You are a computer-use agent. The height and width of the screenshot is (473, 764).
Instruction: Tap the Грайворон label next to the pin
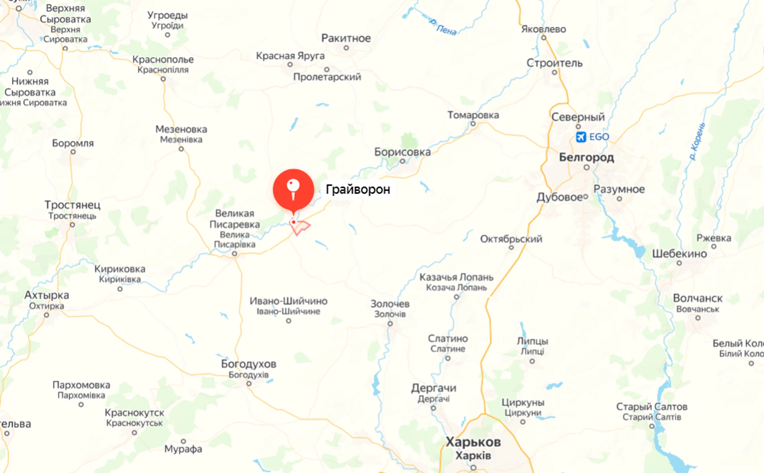pyautogui.click(x=358, y=189)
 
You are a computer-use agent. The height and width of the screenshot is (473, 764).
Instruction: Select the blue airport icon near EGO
pyautogui.click(x=581, y=137)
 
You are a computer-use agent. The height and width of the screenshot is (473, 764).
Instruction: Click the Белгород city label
pyautogui.click(x=586, y=157)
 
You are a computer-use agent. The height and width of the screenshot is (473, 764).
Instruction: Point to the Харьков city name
pyautogui.click(x=473, y=442)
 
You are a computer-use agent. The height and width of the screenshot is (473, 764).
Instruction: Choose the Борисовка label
pyautogui.click(x=402, y=152)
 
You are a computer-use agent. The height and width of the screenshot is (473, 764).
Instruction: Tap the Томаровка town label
pyautogui.click(x=473, y=115)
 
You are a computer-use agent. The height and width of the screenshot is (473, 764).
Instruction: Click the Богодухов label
pyautogui.click(x=249, y=364)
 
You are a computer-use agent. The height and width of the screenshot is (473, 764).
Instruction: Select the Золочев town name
pyautogui.click(x=390, y=304)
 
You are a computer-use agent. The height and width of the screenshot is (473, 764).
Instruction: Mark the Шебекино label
pyautogui.click(x=679, y=254)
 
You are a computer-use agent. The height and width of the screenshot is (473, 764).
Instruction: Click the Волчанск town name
pyautogui.click(x=698, y=298)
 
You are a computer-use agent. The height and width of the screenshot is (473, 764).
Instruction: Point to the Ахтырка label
pyautogui.click(x=47, y=295)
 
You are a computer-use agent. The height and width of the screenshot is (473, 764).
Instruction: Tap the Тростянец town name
pyautogui.click(x=72, y=205)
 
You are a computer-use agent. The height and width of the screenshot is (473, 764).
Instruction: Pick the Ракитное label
pyautogui.click(x=346, y=38)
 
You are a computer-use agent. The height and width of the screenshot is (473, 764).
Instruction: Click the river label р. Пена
pyautogui.click(x=443, y=27)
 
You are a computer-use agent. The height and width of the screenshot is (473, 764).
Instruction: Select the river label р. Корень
pyautogui.click(x=697, y=142)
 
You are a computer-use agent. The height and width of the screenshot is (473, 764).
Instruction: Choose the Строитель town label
pyautogui.click(x=554, y=63)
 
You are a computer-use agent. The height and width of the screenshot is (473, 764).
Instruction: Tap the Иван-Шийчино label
pyautogui.click(x=288, y=301)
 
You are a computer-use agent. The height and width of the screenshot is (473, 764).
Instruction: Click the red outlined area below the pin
pyautogui.click(x=301, y=227)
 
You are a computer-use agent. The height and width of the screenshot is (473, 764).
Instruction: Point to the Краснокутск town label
pyautogui.click(x=134, y=413)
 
